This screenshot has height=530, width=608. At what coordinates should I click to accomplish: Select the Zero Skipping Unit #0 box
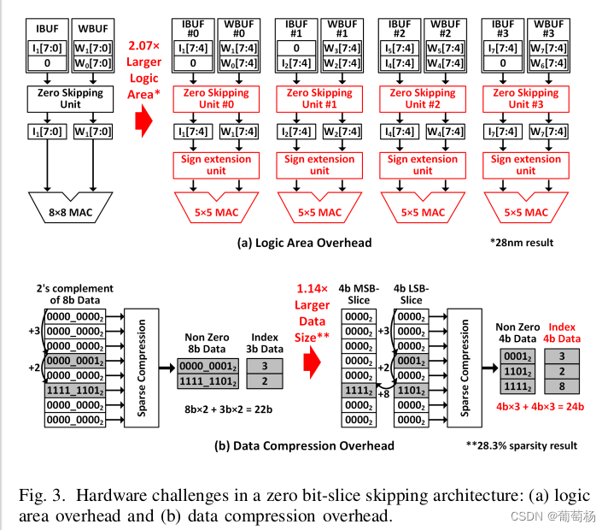(x=215, y=98)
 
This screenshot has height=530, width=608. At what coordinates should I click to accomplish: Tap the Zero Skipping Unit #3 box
(x=526, y=98)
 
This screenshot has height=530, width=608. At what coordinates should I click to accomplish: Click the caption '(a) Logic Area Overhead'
(x=304, y=243)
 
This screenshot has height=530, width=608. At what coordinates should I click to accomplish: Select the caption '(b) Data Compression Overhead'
(x=304, y=445)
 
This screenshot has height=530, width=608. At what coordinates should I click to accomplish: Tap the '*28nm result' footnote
(x=522, y=243)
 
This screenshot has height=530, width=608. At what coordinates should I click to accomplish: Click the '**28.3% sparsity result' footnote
(x=522, y=445)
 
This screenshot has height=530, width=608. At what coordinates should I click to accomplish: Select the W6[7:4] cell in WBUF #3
(x=552, y=63)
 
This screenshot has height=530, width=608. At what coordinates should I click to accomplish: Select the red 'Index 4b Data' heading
(x=561, y=332)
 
